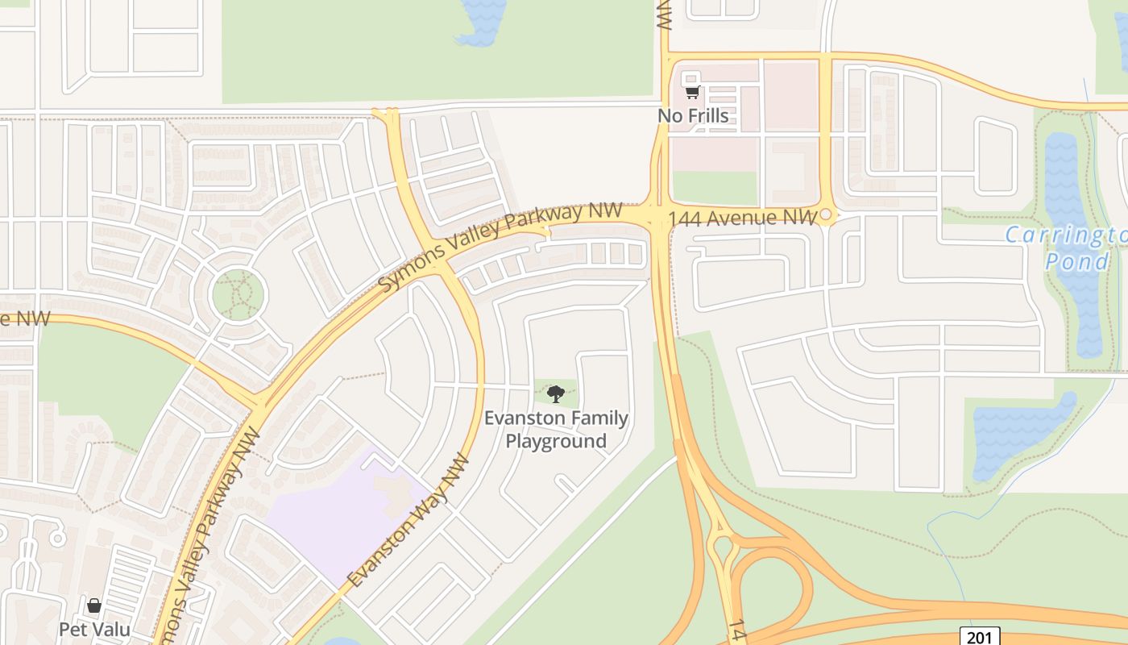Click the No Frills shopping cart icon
692,93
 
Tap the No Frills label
693,116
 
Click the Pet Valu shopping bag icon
94,605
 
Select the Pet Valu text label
94,628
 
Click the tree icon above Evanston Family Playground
555,393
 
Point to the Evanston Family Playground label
556,430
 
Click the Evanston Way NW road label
408,520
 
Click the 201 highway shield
979,637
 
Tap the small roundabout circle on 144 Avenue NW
826,215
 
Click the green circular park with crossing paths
238,294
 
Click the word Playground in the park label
556,441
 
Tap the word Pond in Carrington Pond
1076,261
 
